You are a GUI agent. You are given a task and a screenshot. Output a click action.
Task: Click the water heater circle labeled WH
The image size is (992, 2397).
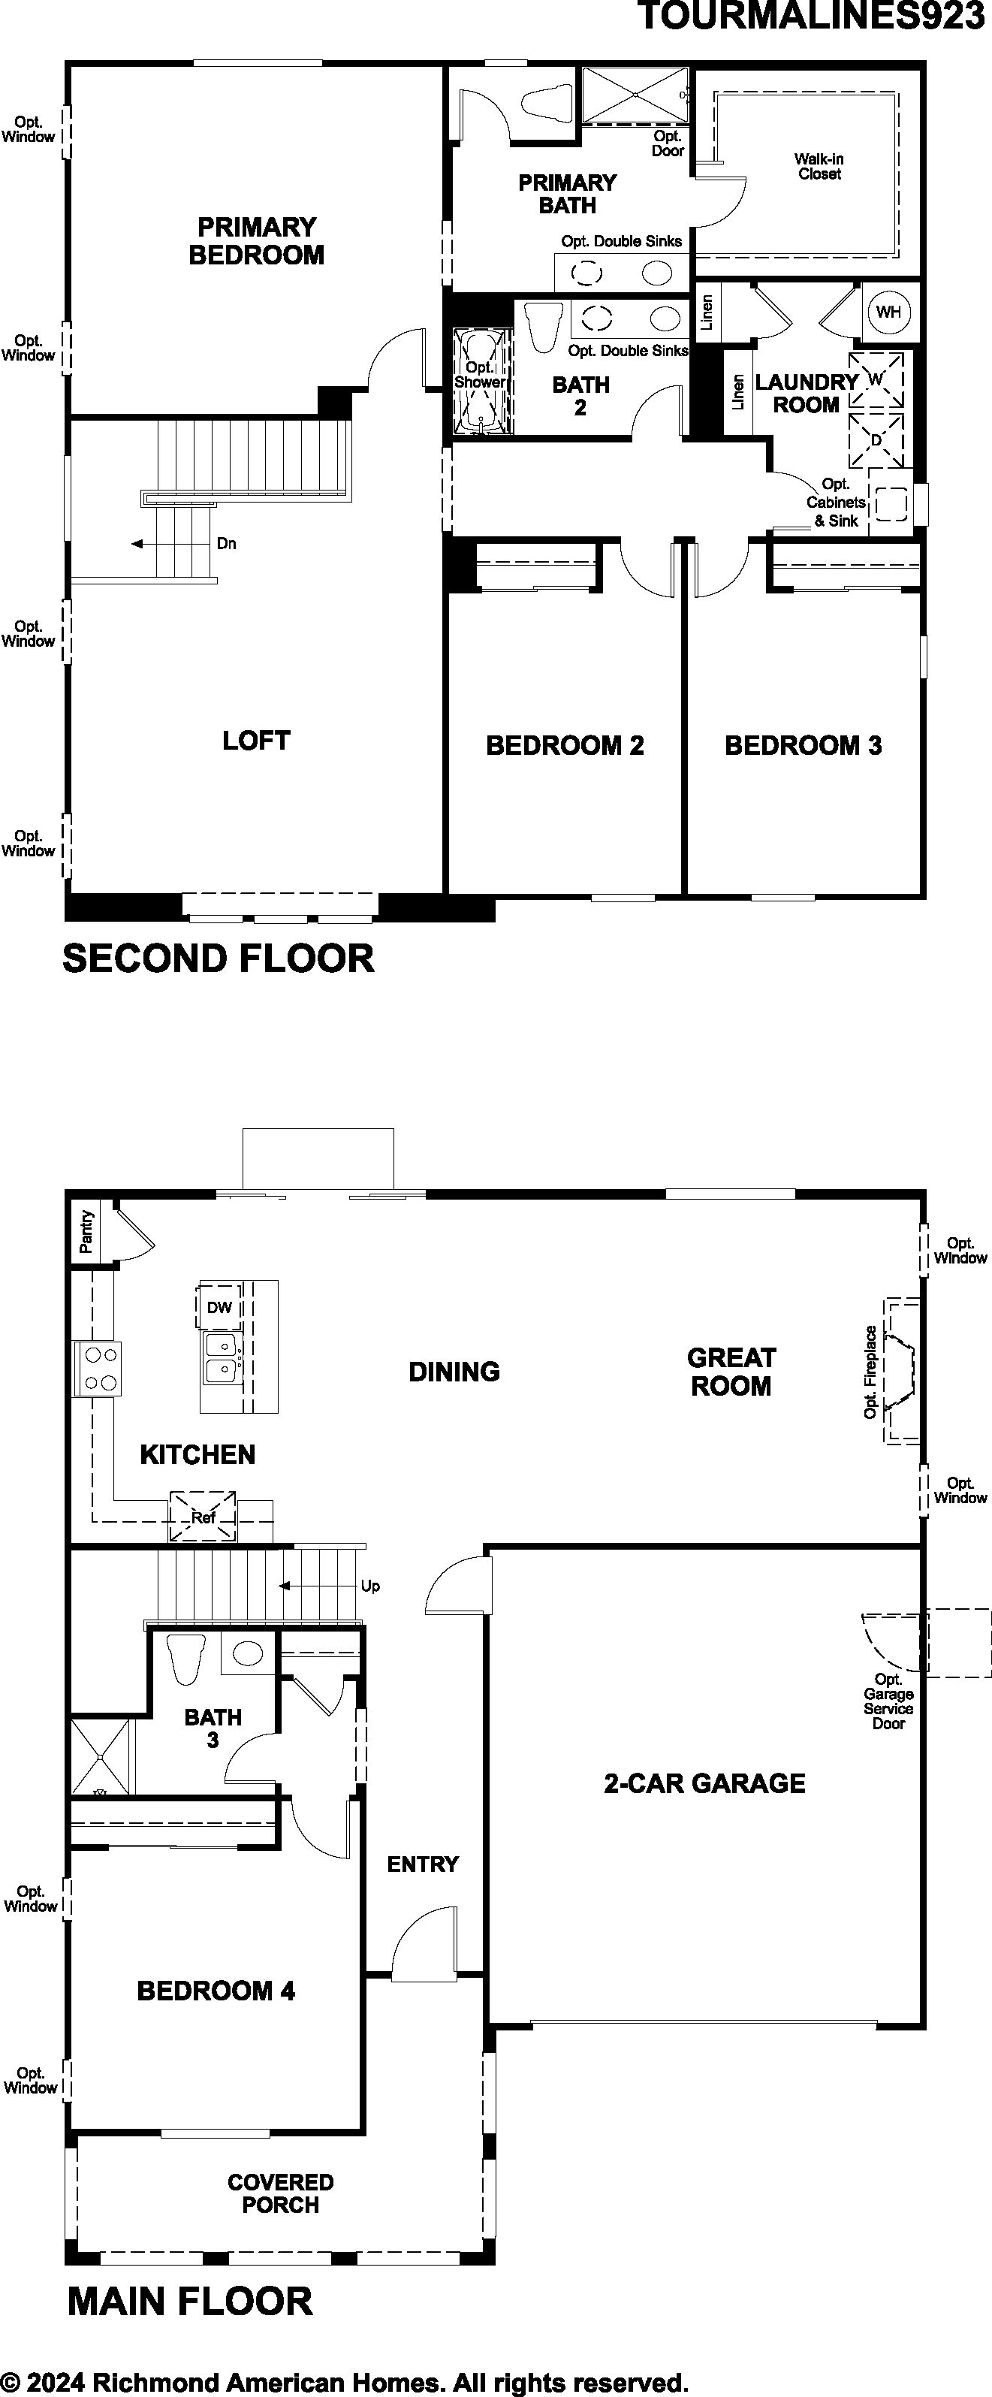[x=888, y=312]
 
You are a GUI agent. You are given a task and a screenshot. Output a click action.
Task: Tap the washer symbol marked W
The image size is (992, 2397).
[x=876, y=379]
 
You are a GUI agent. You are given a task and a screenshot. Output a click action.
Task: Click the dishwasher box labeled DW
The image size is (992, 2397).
[x=219, y=1307]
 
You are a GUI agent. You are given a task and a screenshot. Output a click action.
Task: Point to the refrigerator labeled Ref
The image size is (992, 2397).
[x=203, y=1517]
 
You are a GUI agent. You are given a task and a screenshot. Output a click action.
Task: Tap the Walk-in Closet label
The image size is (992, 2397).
[x=819, y=167]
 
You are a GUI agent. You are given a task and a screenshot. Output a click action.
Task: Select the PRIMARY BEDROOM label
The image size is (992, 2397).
[x=256, y=241]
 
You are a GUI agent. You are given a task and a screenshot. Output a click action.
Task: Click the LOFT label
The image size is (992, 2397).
[x=256, y=741]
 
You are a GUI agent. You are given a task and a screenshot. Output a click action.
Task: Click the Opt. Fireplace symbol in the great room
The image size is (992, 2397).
[x=899, y=1371]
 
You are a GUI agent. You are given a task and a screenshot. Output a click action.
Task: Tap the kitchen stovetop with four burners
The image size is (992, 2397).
[x=98, y=1369]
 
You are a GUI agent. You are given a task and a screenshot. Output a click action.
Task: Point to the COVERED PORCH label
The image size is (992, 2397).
[x=280, y=2193]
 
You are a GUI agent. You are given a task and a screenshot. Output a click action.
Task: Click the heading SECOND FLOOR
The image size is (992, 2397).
[x=219, y=958]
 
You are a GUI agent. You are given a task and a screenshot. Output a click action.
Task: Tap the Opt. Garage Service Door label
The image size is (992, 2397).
[x=888, y=1701]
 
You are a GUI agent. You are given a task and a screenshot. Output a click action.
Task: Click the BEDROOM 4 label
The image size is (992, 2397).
[x=216, y=1991]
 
